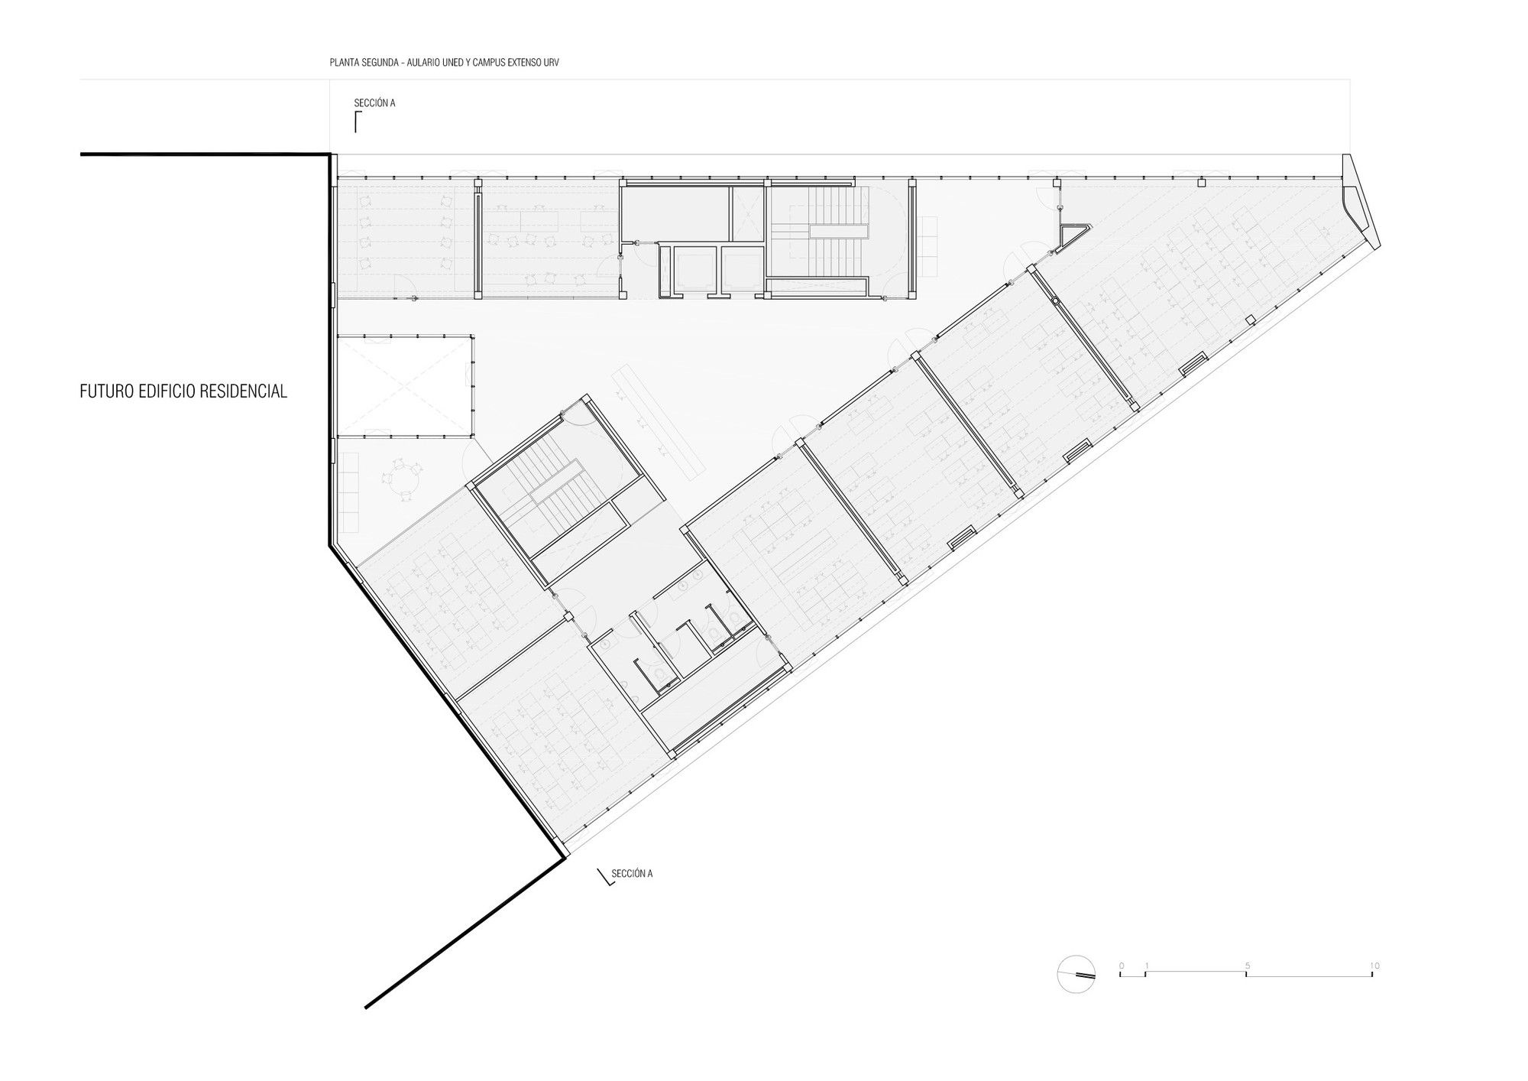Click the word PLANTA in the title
click(x=341, y=63)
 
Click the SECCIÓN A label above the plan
click(x=374, y=102)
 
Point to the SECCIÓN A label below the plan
click(x=632, y=874)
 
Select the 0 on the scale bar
click(x=1122, y=966)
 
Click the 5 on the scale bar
click(x=1248, y=966)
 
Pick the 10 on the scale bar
click(x=1374, y=966)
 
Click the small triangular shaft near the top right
click(x=1073, y=235)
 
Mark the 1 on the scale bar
click(x=1147, y=966)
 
